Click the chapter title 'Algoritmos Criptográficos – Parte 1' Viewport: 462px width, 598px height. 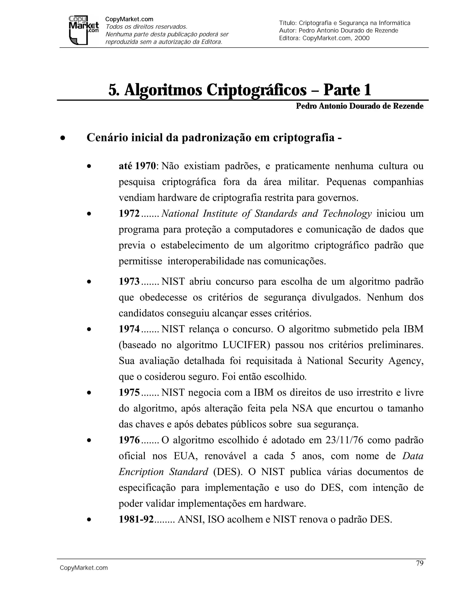(x=240, y=90)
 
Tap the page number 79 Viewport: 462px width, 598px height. (x=420, y=563)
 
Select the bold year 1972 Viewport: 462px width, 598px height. (x=129, y=213)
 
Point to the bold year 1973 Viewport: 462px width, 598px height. (x=129, y=281)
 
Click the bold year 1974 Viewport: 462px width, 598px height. (x=129, y=329)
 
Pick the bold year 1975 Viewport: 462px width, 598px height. (x=129, y=392)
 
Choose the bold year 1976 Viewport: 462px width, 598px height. (x=129, y=440)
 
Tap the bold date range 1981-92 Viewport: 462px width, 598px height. (x=136, y=519)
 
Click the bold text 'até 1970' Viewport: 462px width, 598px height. (x=137, y=166)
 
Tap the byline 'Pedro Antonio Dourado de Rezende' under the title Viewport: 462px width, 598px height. (x=359, y=106)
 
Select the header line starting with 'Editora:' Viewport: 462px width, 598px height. (x=324, y=38)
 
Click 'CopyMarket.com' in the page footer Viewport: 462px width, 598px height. (x=84, y=568)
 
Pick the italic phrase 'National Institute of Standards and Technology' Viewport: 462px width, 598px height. (x=266, y=213)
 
